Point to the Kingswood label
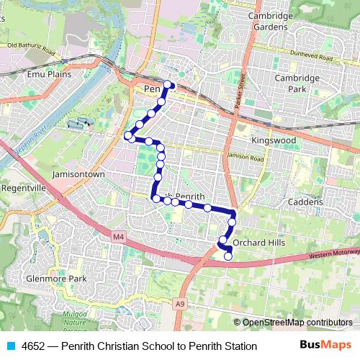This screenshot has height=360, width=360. (x=274, y=140)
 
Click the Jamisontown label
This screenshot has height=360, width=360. (x=79, y=174)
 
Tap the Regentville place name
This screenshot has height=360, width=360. (x=24, y=187)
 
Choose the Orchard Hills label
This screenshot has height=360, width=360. (x=259, y=243)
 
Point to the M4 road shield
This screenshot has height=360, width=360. (x=118, y=235)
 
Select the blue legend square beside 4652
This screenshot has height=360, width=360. (x=11, y=346)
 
